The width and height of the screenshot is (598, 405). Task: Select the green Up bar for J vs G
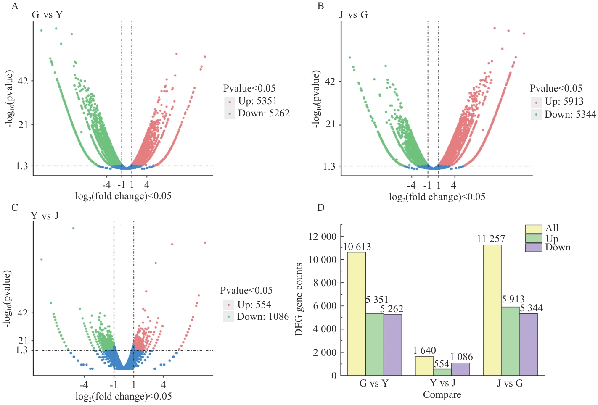tap(510, 341)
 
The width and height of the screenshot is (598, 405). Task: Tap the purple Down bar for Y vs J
tap(460, 369)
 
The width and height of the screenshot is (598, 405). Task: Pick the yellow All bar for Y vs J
tap(424, 366)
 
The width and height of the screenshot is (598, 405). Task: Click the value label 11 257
tap(491, 239)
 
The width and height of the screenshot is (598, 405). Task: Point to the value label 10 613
tap(357, 247)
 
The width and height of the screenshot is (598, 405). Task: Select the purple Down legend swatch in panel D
tap(533, 247)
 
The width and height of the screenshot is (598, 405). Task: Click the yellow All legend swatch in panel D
tap(533, 229)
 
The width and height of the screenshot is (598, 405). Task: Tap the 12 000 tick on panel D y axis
tap(323, 237)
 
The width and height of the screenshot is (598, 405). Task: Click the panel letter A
tap(15, 6)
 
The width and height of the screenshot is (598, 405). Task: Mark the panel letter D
tap(321, 208)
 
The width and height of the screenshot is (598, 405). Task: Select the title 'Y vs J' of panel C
tap(45, 216)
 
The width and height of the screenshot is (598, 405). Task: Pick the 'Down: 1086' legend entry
tap(263, 317)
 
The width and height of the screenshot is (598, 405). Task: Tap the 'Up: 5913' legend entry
tap(564, 102)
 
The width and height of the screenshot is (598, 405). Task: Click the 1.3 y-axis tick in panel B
tap(329, 166)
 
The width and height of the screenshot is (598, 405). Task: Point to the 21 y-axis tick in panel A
tap(23, 125)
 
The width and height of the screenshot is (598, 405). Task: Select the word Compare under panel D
tap(442, 395)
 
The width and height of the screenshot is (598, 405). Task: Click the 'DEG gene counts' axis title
tap(299, 299)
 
